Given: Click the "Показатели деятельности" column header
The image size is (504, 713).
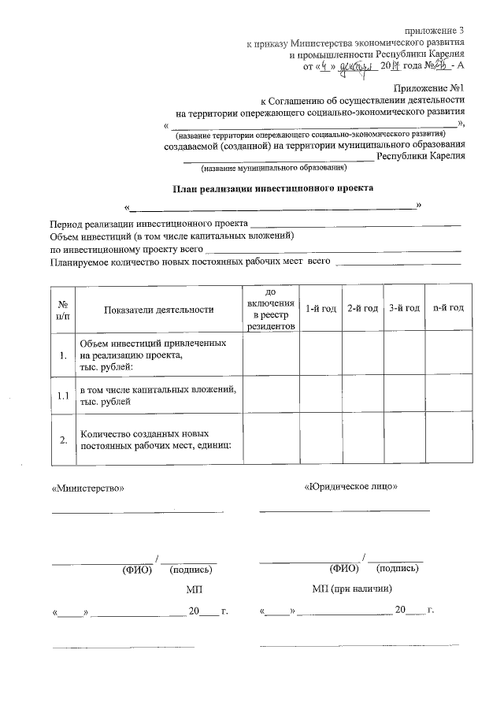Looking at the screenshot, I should (158, 310).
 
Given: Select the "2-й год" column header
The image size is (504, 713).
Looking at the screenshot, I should (362, 308).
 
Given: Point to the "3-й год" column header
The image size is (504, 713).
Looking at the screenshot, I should (404, 308).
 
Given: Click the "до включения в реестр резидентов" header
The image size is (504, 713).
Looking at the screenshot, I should (270, 308).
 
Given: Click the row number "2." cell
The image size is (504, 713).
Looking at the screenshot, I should (62, 440).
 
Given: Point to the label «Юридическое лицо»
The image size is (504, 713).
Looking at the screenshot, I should (350, 486).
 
